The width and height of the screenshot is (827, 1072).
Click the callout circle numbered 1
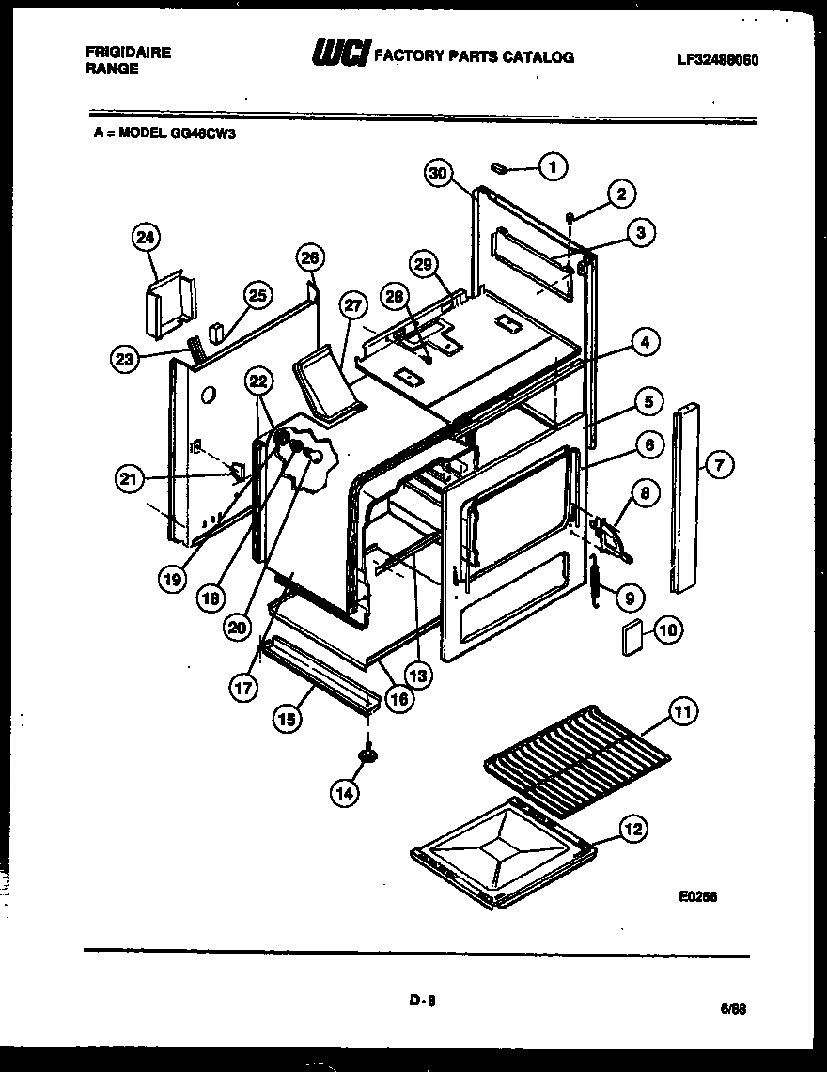[553, 167]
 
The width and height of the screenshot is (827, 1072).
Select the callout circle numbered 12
[633, 829]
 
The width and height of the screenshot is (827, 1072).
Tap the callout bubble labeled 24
[146, 238]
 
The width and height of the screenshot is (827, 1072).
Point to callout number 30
[438, 173]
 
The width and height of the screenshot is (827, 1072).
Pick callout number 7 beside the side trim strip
[719, 462]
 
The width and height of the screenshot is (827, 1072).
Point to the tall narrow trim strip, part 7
[686, 498]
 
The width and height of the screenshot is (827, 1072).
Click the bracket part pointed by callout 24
[169, 303]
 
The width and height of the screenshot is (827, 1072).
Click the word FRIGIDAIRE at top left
[122, 53]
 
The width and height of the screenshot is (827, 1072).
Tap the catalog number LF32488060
[717, 59]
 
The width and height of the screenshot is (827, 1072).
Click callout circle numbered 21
[129, 478]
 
